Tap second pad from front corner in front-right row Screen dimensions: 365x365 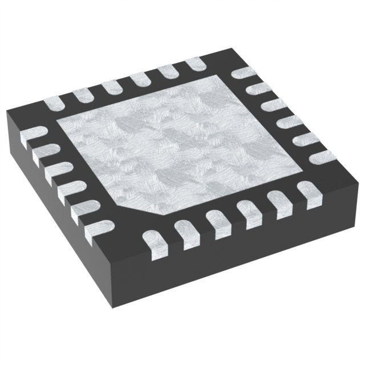coord(185,231)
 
